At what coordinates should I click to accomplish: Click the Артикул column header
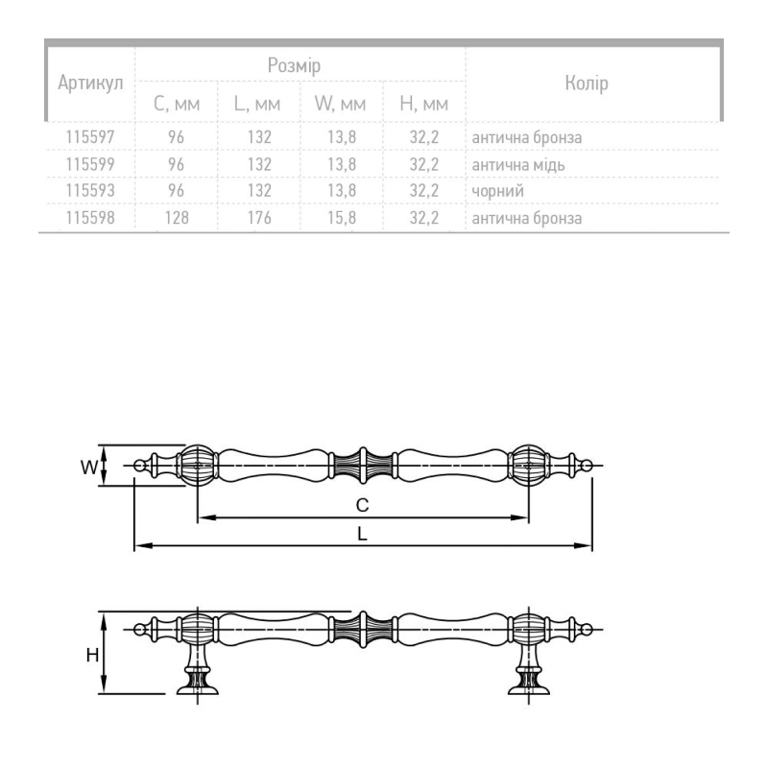90,84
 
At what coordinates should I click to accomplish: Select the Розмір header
294,65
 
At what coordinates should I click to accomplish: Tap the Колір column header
587,83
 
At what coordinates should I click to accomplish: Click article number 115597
90,136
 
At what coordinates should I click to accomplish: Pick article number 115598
90,218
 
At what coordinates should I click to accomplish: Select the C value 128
177,218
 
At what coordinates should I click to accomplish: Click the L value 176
259,218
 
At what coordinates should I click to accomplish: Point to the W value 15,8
342,218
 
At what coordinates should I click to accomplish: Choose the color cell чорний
497,190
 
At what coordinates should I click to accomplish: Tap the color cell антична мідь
518,164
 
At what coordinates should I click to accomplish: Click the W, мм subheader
340,104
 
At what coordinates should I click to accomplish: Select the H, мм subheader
423,104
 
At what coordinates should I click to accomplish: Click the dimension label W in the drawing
89,468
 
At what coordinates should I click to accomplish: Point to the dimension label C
362,505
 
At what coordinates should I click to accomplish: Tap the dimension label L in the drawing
362,534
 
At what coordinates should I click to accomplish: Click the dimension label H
92,655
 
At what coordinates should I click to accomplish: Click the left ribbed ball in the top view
198,466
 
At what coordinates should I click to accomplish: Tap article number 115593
90,190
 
